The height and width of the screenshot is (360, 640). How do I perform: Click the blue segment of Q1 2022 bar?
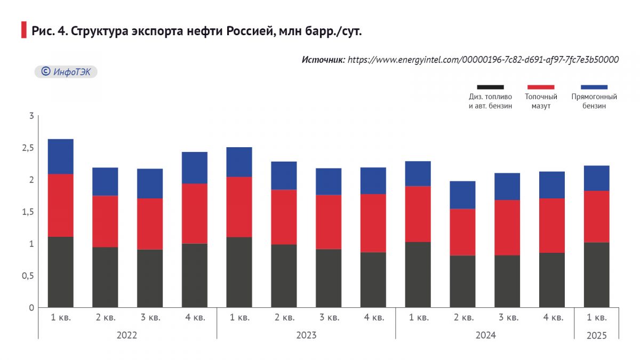coord(61,156)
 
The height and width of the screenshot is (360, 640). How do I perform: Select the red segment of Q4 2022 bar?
coord(195,213)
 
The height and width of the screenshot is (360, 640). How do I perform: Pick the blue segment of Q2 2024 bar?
coord(462,195)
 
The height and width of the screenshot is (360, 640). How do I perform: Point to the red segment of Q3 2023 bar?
coord(329,222)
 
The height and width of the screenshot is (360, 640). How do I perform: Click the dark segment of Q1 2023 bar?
coord(239,272)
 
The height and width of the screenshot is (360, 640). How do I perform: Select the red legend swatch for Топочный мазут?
coord(541,87)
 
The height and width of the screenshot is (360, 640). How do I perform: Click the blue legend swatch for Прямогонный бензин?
coord(594,87)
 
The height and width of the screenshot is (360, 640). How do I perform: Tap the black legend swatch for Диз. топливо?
coord(490,87)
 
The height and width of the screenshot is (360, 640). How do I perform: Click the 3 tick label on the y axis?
coord(31,116)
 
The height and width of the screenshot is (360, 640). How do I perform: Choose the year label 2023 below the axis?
coord(306,335)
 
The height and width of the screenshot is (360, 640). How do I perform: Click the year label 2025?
coord(596,335)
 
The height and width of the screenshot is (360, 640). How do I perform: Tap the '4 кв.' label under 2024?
coord(553,318)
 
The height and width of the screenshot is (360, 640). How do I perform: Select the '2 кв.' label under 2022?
coord(106,318)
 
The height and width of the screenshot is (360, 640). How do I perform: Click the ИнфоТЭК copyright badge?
coord(66,71)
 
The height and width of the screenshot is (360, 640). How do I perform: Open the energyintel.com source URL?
coord(483,60)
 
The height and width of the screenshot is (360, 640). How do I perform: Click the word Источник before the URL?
coord(323,60)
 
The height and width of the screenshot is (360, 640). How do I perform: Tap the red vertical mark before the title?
coord(23,30)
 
